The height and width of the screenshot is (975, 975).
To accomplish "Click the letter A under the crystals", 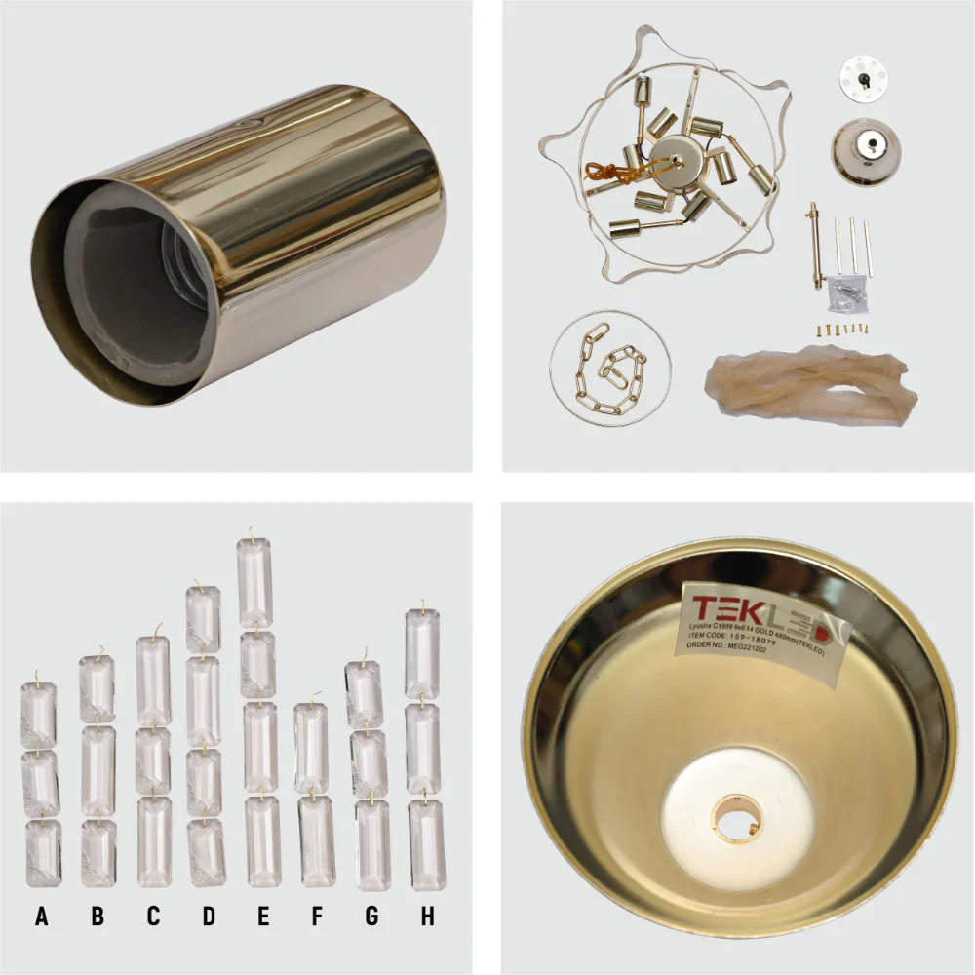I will click(x=41, y=916).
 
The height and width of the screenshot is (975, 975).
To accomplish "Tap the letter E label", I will click(x=263, y=916).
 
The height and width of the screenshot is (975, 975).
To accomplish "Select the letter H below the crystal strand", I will click(x=427, y=916).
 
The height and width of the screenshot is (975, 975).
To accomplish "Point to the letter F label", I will click(x=316, y=916).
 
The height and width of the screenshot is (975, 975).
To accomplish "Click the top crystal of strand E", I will click(x=255, y=582).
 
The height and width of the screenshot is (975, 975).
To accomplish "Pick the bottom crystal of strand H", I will click(x=427, y=844).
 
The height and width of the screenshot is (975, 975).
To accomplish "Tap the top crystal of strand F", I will click(x=311, y=748).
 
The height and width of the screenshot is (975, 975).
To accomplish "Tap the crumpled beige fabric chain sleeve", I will click(x=811, y=385).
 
